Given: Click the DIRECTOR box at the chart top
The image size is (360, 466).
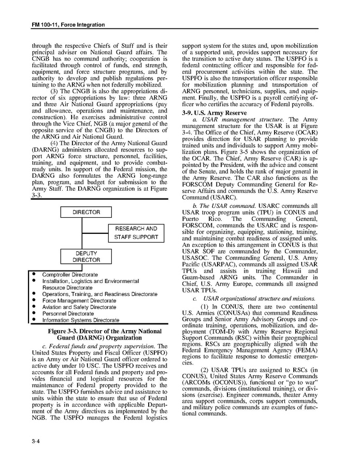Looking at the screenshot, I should tap(86, 212).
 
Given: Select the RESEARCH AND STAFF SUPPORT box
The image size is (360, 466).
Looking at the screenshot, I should tap(136, 233).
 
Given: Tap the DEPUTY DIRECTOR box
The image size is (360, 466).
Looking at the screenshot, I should tap(86, 257).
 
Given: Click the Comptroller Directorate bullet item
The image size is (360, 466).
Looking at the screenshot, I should tap(70, 274).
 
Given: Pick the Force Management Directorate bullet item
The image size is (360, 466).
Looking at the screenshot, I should tap(79, 301).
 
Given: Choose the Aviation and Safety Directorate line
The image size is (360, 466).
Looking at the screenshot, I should tap(79, 307).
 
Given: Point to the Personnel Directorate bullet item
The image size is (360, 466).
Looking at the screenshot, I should tap(68, 314).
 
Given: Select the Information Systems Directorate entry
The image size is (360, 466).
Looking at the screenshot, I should tap(80, 320).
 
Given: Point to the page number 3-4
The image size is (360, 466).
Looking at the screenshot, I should tap(36, 441).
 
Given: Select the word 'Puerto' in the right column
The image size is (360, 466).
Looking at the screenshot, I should tap(193, 219).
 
